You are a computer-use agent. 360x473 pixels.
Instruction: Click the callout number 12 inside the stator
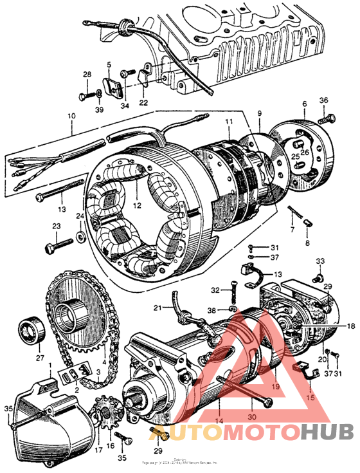click(x=136, y=205)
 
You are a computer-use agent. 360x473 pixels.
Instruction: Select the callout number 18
click(x=351, y=326)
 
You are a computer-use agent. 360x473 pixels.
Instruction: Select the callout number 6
click(x=304, y=104)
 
